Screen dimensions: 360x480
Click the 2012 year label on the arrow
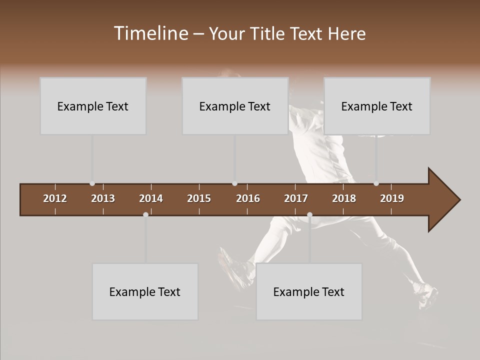(x=55, y=198)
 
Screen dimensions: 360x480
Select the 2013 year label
(x=103, y=198)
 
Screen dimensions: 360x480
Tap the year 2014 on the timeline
(x=151, y=198)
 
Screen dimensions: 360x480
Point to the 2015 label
(x=199, y=198)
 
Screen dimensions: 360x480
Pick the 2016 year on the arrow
(x=248, y=198)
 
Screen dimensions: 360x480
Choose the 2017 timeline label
(x=296, y=198)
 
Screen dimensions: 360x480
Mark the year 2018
(x=344, y=198)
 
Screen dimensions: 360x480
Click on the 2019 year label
(x=392, y=198)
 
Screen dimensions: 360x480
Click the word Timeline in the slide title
(x=150, y=33)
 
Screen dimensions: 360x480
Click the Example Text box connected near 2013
(x=93, y=106)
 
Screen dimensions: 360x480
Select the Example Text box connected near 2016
(x=235, y=106)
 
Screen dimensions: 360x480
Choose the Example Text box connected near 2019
(x=377, y=106)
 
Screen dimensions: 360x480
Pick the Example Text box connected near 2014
(x=145, y=291)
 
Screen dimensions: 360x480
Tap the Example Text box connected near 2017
(x=309, y=291)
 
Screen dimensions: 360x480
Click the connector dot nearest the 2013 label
(x=92, y=183)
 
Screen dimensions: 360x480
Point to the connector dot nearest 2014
(x=145, y=214)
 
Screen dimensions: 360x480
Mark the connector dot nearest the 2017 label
(x=309, y=214)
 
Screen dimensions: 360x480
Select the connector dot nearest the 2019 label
(x=376, y=183)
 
